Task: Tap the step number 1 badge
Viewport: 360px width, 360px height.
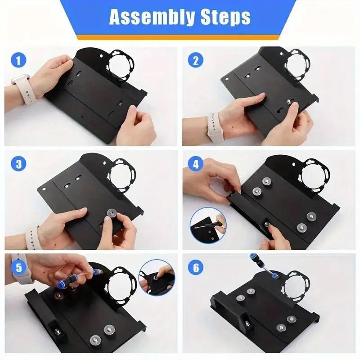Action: tap(18, 60)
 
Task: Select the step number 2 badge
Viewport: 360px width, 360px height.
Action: tap(195, 60)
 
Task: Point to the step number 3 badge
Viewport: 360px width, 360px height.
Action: tap(18, 163)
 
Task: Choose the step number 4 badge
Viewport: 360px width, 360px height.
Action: tap(195, 163)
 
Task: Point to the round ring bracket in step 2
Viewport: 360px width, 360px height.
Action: tap(298, 63)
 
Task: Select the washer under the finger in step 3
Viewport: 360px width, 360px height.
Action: tap(110, 212)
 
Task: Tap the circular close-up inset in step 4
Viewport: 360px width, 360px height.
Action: tap(208, 225)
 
